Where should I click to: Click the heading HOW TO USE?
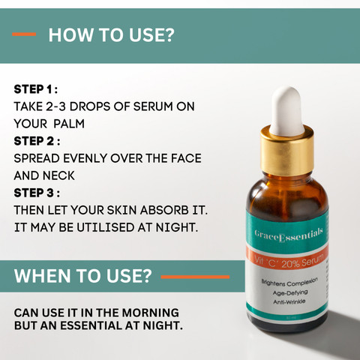point(111,34)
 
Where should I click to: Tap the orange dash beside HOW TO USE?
point(24,34)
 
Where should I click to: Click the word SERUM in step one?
point(153,106)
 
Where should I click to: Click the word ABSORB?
point(164,210)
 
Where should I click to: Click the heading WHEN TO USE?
point(83,276)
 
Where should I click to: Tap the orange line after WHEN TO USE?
point(195,277)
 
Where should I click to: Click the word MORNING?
point(151,313)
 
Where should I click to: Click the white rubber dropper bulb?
point(287,110)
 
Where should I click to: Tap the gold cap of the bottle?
point(287,151)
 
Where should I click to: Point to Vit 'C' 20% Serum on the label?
point(289,262)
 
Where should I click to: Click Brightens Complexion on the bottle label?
point(289,283)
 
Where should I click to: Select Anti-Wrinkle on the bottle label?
point(289,301)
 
